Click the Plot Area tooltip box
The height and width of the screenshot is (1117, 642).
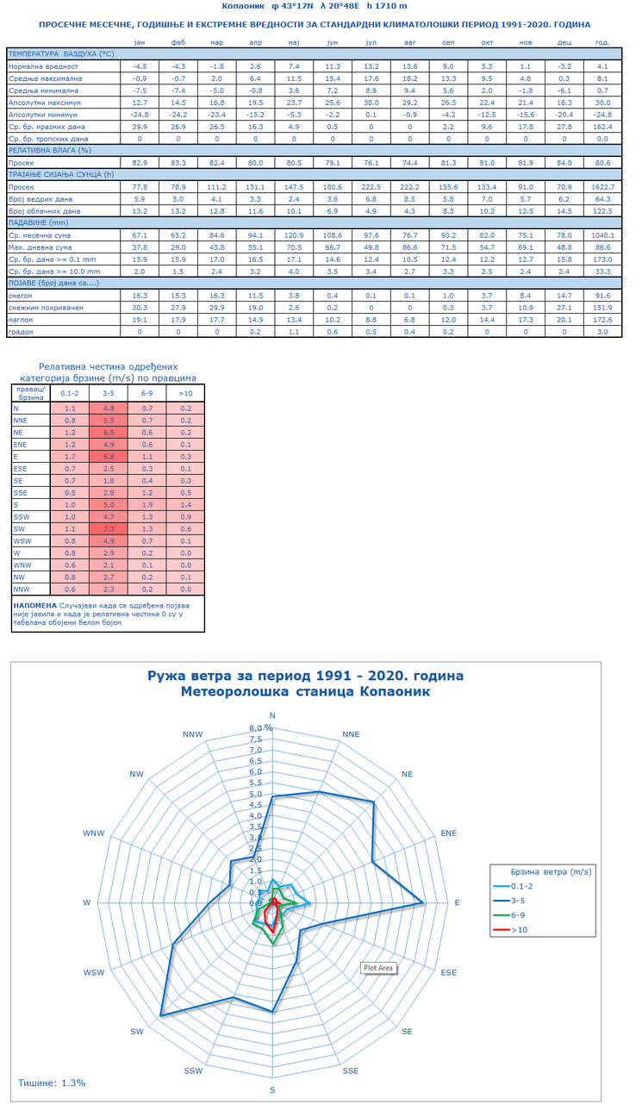[x=378, y=968]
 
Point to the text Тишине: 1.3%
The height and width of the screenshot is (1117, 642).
[x=52, y=1083]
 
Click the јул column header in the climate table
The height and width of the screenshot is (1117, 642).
[x=371, y=41]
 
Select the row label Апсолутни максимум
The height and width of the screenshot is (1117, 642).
[x=45, y=102]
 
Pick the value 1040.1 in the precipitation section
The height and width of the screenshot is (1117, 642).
[x=602, y=234]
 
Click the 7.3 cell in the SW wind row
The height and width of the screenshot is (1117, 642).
[x=109, y=528]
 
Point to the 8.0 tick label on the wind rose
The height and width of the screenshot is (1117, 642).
[x=256, y=727]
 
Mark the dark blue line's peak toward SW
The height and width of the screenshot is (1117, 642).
[x=161, y=1017]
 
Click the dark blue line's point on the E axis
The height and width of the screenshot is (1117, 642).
[x=423, y=902]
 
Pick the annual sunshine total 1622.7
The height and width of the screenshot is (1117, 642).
[x=602, y=186]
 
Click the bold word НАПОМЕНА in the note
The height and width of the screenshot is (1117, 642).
[x=35, y=605]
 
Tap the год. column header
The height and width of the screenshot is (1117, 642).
[x=602, y=41]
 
